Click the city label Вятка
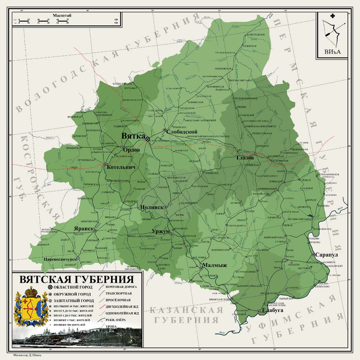click(x=133, y=136)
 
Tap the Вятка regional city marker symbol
click(x=148, y=139)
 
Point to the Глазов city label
click(x=245, y=158)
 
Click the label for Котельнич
click(x=119, y=167)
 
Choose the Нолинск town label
click(x=151, y=207)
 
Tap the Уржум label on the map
click(x=160, y=231)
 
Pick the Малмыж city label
click(x=215, y=265)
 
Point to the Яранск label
click(x=84, y=229)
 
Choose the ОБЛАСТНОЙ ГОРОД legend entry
click(x=69, y=287)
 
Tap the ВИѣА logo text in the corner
click(x=332, y=52)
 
